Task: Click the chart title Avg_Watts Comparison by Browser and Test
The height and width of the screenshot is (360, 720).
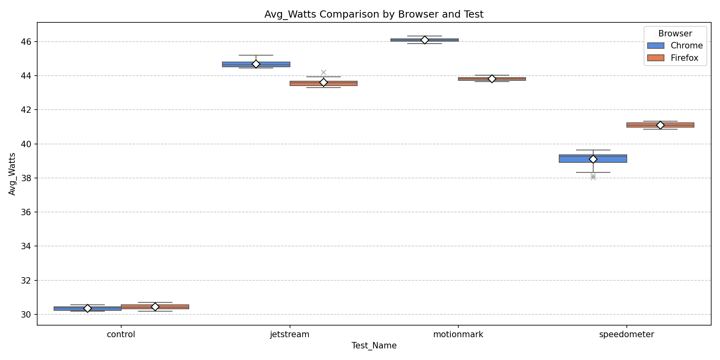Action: [x=374, y=14]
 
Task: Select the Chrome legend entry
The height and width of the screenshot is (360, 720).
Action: [x=686, y=46]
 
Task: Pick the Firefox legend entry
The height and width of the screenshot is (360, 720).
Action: [x=684, y=58]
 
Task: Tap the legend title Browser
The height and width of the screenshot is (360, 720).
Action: [x=675, y=34]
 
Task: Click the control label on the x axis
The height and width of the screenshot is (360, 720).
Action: [x=121, y=334]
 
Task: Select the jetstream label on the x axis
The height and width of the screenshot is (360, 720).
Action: [x=290, y=334]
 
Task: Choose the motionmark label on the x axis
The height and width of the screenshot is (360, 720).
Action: [x=458, y=334]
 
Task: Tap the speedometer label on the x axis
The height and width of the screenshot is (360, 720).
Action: [x=626, y=334]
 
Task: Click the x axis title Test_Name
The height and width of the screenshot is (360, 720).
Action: [x=374, y=346]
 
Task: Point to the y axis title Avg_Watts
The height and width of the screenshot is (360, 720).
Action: [x=12, y=174]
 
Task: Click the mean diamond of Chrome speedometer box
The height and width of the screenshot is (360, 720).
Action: [x=593, y=159]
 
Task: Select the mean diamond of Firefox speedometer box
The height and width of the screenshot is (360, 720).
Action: [x=660, y=125]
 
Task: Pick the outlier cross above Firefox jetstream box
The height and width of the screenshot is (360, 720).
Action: [x=324, y=72]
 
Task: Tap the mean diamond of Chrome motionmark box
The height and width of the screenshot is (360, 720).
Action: [x=424, y=40]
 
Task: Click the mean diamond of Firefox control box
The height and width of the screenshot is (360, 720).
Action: [x=155, y=307]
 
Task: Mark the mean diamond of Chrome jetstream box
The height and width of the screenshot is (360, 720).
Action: [x=256, y=64]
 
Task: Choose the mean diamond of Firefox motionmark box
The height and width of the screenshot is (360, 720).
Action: [x=492, y=79]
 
